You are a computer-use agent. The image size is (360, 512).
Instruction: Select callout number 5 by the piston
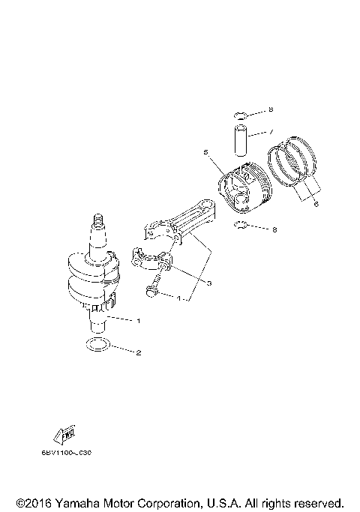[x=205, y=151]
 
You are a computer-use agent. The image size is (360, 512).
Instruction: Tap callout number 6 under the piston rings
[x=316, y=203]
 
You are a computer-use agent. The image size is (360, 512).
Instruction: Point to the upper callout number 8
[x=271, y=111]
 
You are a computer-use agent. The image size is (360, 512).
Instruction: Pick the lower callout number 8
[x=275, y=229]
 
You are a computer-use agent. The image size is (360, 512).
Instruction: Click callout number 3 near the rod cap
[x=210, y=283]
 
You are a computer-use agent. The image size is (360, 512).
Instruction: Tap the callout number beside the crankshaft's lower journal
[x=138, y=320]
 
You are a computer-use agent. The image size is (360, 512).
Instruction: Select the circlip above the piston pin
[x=239, y=115]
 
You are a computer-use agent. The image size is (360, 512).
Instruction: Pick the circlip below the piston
[x=241, y=226]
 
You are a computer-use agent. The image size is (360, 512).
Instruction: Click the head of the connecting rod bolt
[x=153, y=292]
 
